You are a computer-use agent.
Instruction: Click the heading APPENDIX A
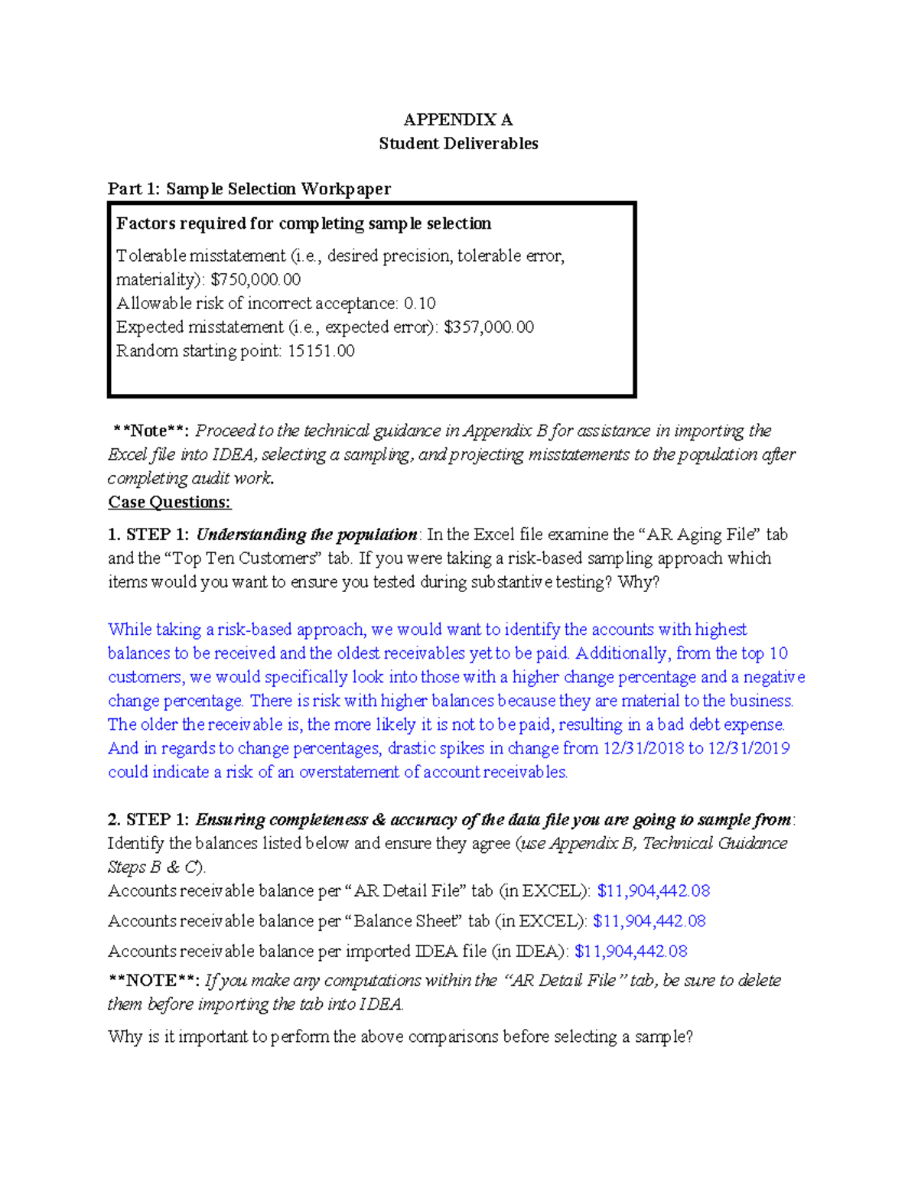(x=457, y=119)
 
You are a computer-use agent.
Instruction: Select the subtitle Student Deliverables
(x=458, y=143)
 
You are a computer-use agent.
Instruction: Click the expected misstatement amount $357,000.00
(x=489, y=327)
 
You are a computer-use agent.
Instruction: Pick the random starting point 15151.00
(x=321, y=350)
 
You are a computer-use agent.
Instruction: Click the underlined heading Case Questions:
(x=169, y=502)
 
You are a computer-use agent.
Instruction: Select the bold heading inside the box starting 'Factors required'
(x=304, y=223)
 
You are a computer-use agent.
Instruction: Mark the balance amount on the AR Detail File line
(x=653, y=890)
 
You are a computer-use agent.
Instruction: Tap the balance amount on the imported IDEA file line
(x=630, y=951)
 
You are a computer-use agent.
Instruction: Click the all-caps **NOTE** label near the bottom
(x=154, y=980)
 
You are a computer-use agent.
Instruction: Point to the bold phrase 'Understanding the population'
(x=306, y=534)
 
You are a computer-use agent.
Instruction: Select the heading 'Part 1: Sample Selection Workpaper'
(x=249, y=188)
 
